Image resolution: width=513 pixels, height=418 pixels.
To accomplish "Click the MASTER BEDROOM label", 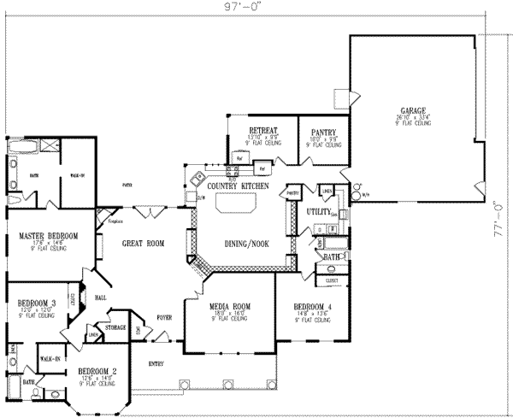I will pyautogui.click(x=50, y=236).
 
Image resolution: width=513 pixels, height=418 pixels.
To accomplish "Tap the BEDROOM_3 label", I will pyautogui.click(x=37, y=302).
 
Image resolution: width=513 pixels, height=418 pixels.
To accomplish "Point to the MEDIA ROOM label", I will pyautogui.click(x=229, y=307).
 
